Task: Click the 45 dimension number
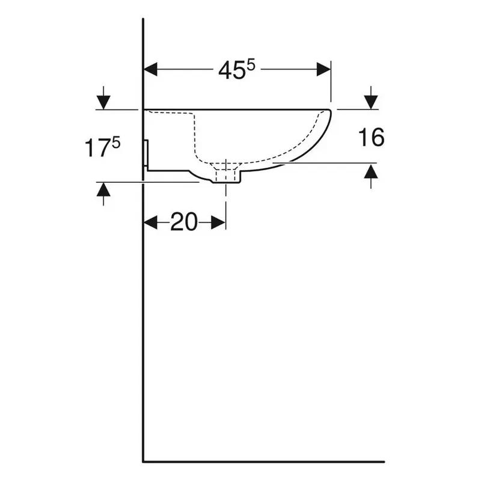231,70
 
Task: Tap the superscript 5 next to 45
251,65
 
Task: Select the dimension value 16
371,138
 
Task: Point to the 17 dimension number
97,148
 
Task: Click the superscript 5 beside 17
116,142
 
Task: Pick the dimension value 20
184,222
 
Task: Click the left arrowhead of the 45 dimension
150,69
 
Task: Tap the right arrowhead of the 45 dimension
323,69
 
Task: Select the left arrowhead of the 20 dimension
150,222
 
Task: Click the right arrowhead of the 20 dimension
219,222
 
